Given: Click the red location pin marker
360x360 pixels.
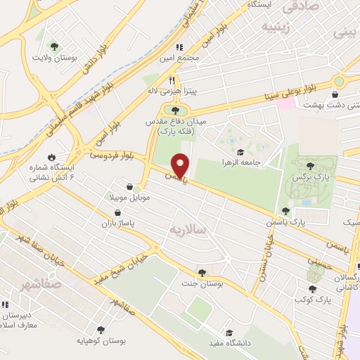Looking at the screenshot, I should pyautogui.click(x=181, y=165).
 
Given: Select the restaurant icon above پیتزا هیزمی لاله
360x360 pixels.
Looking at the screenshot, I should pyautogui.click(x=172, y=80).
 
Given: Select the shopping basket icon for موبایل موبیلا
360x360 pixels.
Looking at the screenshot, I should pyautogui.click(x=129, y=186).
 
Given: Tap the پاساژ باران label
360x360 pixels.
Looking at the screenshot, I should pyautogui.click(x=120, y=221).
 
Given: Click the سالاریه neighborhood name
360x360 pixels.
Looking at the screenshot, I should pyautogui.click(x=186, y=230).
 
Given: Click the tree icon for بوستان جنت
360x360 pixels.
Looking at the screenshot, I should pyautogui.click(x=202, y=273).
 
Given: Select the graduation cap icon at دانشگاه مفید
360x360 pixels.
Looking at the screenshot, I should pyautogui.click(x=229, y=333).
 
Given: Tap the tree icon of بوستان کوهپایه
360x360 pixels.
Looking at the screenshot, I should pyautogui.click(x=100, y=329).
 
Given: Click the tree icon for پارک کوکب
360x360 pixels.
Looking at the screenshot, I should pyautogui.click(x=311, y=288).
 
